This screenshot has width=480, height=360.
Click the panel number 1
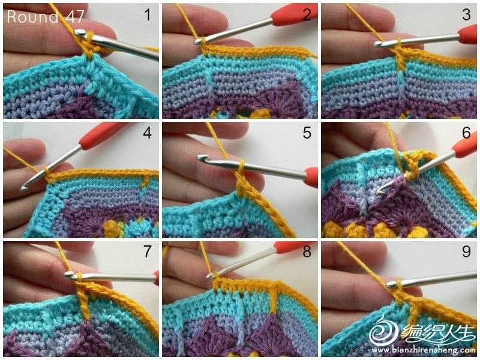pos(148,14)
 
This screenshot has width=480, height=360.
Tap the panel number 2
pos(307,14)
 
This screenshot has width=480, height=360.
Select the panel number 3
pos(466,14)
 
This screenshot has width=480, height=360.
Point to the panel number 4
pos(147,133)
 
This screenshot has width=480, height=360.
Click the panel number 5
pos(307,133)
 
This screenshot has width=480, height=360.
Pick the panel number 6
pos(466,133)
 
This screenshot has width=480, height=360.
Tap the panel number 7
pos(148,251)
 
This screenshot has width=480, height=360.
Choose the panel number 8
pos(307,251)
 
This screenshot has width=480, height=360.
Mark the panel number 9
pos(466,251)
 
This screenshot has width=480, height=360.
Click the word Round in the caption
pos(32,17)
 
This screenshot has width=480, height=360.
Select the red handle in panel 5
pos(311,177)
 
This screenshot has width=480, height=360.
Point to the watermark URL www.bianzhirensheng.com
pos(424,350)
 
